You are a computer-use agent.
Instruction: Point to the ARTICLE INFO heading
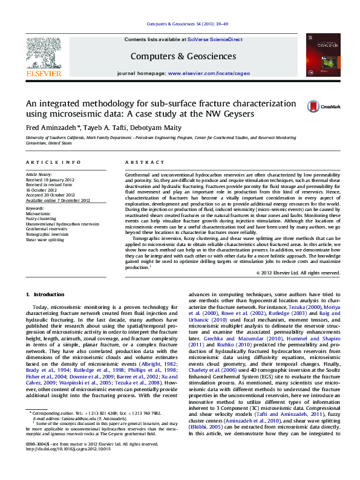click(53, 163)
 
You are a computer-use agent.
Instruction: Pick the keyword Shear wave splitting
click(44, 240)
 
